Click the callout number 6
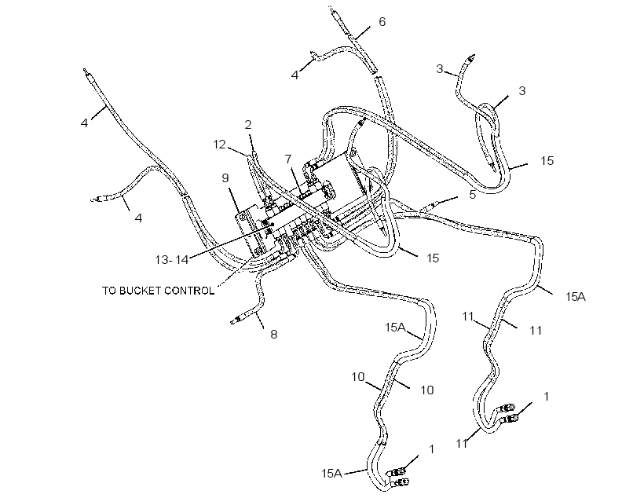point(382,22)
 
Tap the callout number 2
point(248,125)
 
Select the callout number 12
point(220,145)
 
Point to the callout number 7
point(288,159)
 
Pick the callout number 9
point(225,178)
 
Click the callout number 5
point(472,195)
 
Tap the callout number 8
point(273,335)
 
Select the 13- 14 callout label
point(172,260)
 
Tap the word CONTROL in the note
point(189,291)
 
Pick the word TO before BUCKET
point(109,291)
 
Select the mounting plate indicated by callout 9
point(249,233)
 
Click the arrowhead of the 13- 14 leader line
point(272,225)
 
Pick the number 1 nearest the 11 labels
point(547,397)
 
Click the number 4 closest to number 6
point(295,75)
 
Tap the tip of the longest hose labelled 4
point(85,70)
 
